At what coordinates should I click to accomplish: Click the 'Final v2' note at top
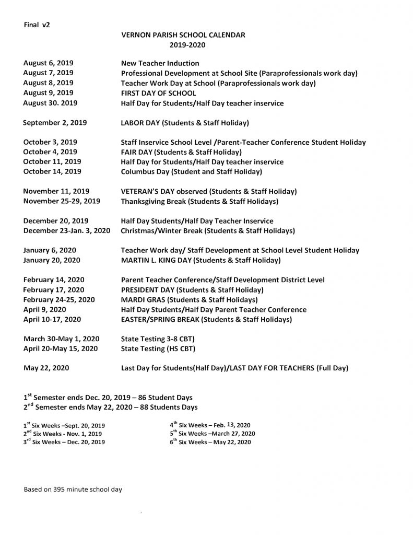37,25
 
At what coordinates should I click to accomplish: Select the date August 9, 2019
48,93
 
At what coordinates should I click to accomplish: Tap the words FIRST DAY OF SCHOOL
158,93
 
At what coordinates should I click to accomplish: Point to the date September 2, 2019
55,123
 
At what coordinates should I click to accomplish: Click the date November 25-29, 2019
62,201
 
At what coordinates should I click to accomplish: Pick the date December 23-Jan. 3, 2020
66,230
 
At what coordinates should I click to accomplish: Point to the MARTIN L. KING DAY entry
200,260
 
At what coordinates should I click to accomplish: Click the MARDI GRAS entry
189,299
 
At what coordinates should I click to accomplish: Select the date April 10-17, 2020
52,319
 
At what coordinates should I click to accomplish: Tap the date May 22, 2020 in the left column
45,368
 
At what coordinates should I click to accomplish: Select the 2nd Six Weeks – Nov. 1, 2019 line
63,434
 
